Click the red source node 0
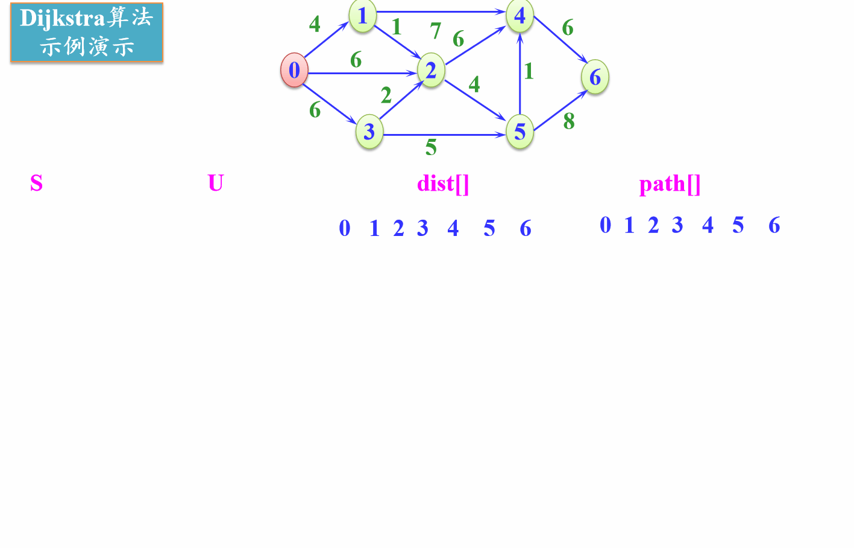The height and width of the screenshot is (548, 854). pyautogui.click(x=294, y=70)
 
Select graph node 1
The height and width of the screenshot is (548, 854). pyautogui.click(x=362, y=15)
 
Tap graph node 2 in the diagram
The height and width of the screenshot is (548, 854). pyautogui.click(x=431, y=71)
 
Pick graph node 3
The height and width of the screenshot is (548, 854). pyautogui.click(x=369, y=132)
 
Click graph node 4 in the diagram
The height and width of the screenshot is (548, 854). pyautogui.click(x=520, y=15)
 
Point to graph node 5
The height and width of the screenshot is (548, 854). pyautogui.click(x=520, y=132)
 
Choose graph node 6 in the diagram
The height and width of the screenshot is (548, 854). pyautogui.click(x=595, y=77)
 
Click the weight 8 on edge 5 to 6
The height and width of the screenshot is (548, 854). pyautogui.click(x=569, y=121)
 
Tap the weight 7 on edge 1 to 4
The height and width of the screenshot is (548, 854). pyautogui.click(x=436, y=30)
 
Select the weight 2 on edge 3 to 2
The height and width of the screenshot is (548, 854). pyautogui.click(x=386, y=95)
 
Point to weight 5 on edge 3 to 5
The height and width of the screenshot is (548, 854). pyautogui.click(x=431, y=147)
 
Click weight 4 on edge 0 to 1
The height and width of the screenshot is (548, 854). pyautogui.click(x=315, y=24)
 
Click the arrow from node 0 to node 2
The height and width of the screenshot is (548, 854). pyautogui.click(x=362, y=73)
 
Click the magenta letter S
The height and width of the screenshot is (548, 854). pyautogui.click(x=36, y=183)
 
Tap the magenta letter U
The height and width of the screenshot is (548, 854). pyautogui.click(x=215, y=183)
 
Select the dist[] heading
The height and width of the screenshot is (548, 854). pyautogui.click(x=443, y=183)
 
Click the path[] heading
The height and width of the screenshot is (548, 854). pyautogui.click(x=670, y=184)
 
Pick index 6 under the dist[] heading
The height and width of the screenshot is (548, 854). pyautogui.click(x=526, y=229)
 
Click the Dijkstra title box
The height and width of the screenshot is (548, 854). pyautogui.click(x=87, y=33)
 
